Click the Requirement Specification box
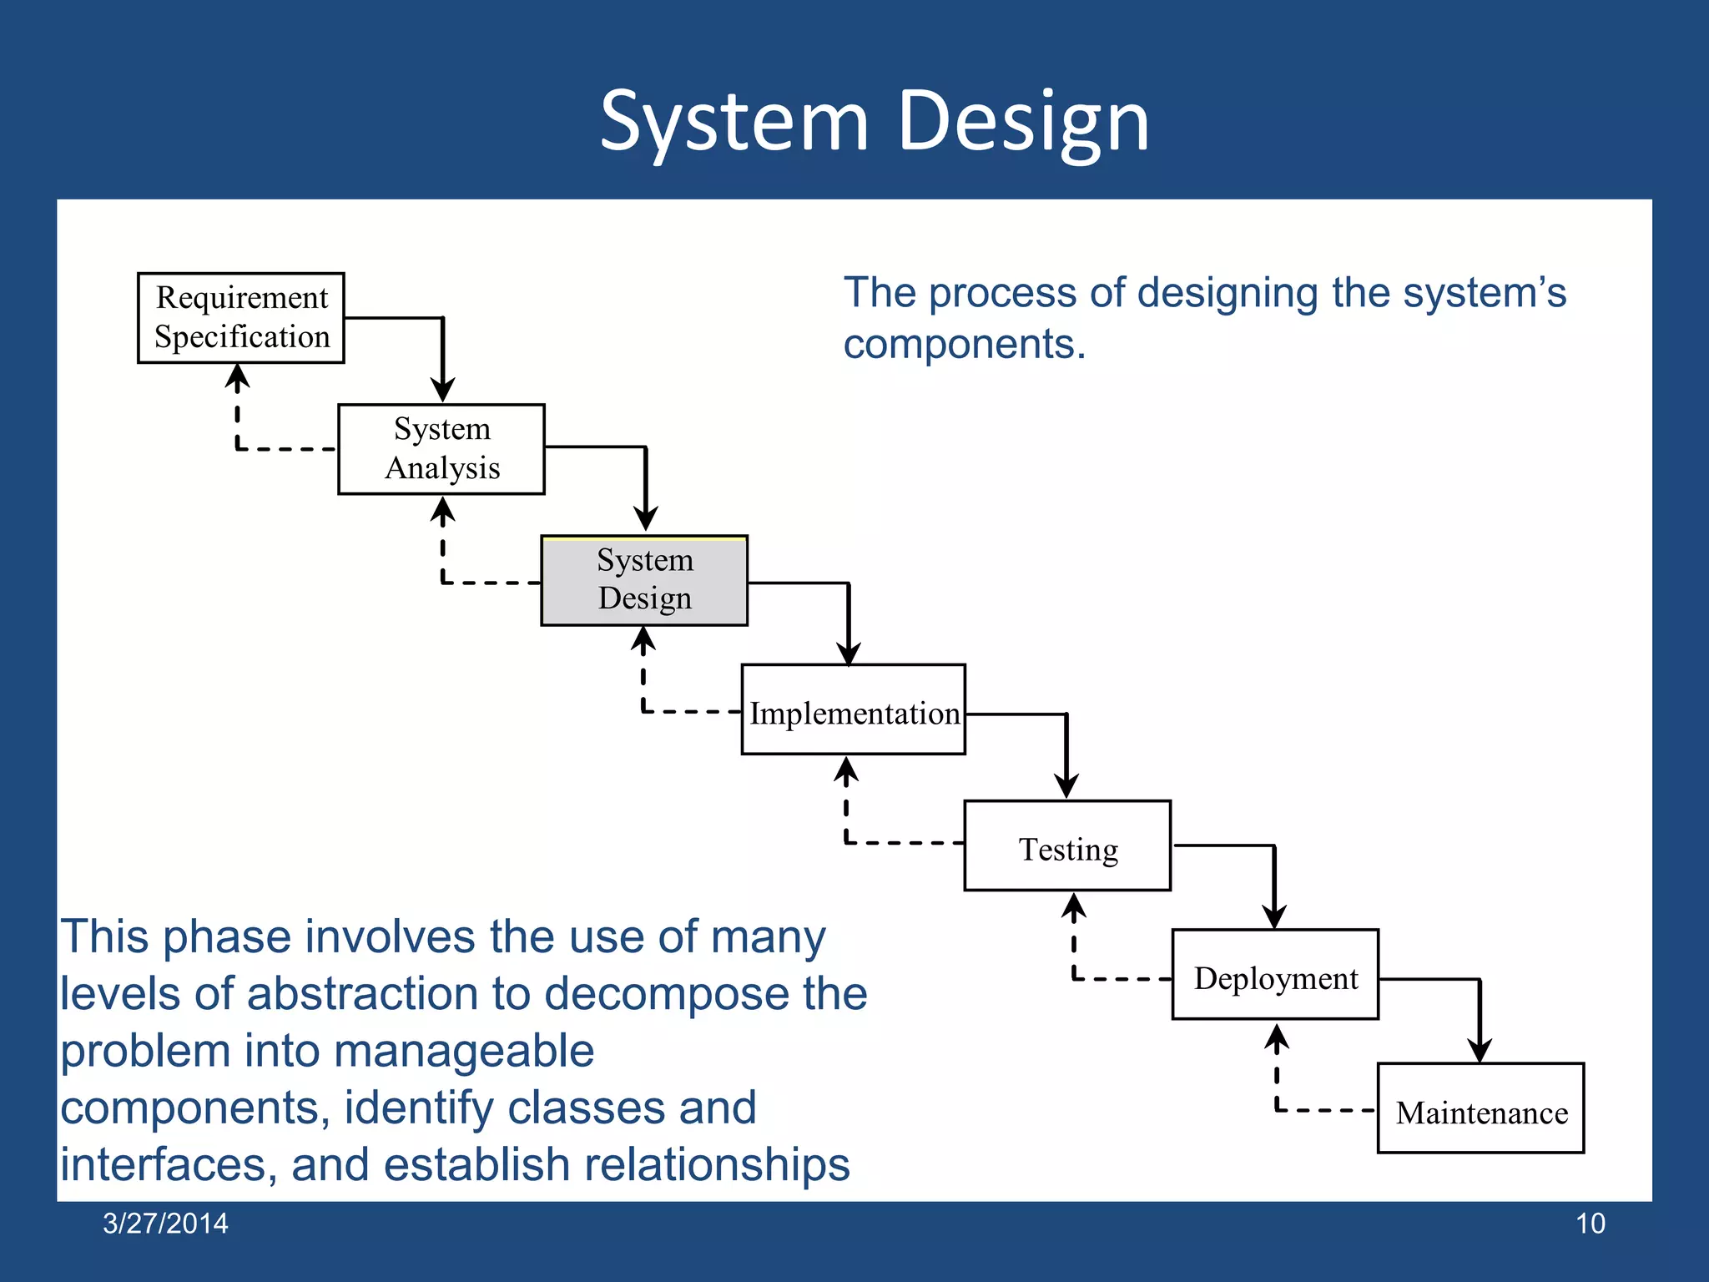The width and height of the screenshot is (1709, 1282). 240,317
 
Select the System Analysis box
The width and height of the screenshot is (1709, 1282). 441,449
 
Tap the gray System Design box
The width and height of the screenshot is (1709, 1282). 644,580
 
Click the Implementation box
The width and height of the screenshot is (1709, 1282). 853,709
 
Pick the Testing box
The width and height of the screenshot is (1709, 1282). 1067,845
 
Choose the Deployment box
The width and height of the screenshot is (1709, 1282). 1275,974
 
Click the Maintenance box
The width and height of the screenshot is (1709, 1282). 1480,1108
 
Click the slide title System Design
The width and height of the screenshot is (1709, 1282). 875,122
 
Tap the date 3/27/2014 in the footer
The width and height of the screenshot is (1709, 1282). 165,1224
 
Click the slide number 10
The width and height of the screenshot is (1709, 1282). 1590,1224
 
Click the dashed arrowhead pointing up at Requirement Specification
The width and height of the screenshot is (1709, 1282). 238,378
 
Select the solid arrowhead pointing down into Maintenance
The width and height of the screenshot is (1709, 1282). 1480,1049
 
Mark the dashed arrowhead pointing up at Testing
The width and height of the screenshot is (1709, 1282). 1074,907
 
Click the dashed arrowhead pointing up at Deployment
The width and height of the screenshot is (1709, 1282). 1277,1037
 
